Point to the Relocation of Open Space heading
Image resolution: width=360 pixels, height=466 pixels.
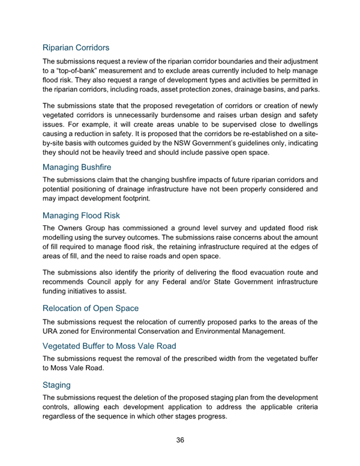pyautogui.click(x=90, y=308)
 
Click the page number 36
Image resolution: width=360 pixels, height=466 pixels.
pyautogui.click(x=180, y=440)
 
